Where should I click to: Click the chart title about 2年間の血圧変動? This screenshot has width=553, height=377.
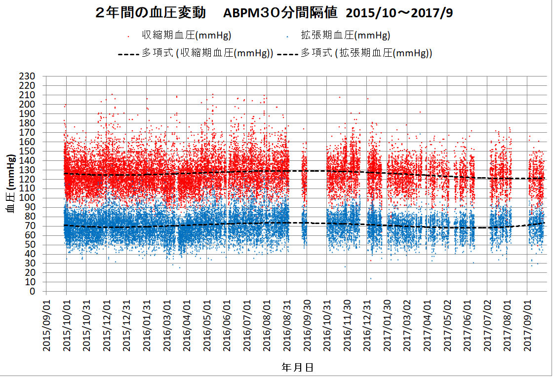click(274, 13)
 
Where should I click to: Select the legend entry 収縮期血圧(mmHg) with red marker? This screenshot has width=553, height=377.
click(187, 36)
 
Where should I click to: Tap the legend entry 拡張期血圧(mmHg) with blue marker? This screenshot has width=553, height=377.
click(345, 36)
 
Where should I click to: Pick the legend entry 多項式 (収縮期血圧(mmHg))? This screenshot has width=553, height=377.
click(207, 53)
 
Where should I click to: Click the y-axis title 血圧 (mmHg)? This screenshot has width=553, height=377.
click(10, 184)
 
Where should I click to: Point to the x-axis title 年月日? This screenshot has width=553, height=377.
click(297, 367)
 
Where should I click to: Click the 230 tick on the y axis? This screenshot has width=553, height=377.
click(28, 76)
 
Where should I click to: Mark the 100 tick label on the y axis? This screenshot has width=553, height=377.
click(28, 198)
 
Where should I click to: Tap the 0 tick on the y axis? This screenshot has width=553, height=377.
click(33, 292)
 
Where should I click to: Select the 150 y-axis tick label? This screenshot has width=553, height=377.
click(28, 151)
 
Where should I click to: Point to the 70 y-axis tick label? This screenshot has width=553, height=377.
click(31, 226)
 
